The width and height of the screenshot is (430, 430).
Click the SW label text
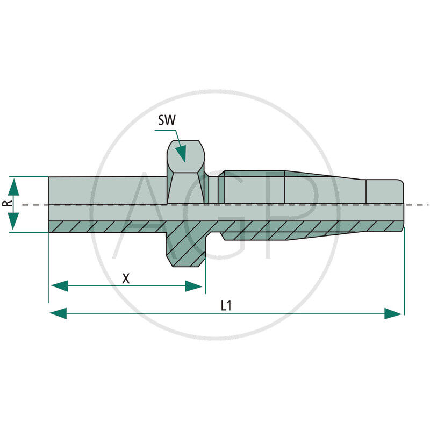pyautogui.click(x=167, y=120)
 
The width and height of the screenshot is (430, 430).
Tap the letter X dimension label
pyautogui.click(x=126, y=278)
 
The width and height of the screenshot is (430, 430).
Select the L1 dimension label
pyautogui.click(x=226, y=305)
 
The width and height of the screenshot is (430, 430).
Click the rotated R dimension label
pyautogui.click(x=8, y=203)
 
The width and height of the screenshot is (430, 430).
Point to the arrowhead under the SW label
pyautogui.click(x=181, y=154)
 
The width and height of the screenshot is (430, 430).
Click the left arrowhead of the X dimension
pyautogui.click(x=60, y=286)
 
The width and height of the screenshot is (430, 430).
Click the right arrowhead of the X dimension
pyautogui.click(x=194, y=286)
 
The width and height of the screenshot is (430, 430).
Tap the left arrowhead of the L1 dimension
pyautogui.click(x=58, y=313)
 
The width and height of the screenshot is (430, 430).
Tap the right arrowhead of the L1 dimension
pyautogui.click(x=393, y=313)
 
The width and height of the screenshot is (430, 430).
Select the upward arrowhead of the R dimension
pyautogui.click(x=13, y=187)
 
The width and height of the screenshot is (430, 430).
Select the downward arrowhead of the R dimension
pyautogui.click(x=13, y=221)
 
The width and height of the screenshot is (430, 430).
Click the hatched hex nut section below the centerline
pyautogui.click(x=186, y=243)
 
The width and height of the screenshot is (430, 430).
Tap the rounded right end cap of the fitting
pyautogui.click(x=385, y=192)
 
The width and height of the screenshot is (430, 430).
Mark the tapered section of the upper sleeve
pyautogui.click(x=326, y=187)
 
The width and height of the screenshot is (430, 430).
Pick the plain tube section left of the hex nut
pyautogui.click(x=107, y=190)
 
